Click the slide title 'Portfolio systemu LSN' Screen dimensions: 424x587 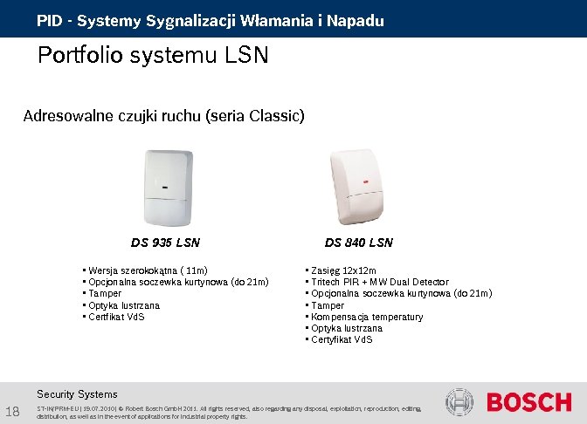click(x=153, y=57)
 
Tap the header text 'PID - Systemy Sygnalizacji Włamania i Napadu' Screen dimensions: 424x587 click(x=210, y=20)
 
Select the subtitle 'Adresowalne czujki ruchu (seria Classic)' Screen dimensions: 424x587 click(x=164, y=116)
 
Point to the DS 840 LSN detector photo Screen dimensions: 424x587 click(x=358, y=186)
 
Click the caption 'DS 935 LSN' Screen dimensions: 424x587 click(x=165, y=243)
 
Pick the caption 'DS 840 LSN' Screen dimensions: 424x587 click(x=359, y=243)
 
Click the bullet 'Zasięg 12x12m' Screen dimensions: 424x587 click(x=343, y=270)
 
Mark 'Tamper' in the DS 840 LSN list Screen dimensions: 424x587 click(x=328, y=305)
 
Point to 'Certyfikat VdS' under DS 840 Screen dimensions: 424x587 click(x=342, y=339)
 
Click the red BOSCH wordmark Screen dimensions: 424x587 click(x=529, y=403)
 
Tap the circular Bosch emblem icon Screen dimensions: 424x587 click(x=459, y=402)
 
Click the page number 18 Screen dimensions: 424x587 click(x=13, y=412)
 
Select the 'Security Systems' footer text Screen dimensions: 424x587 click(x=77, y=394)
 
